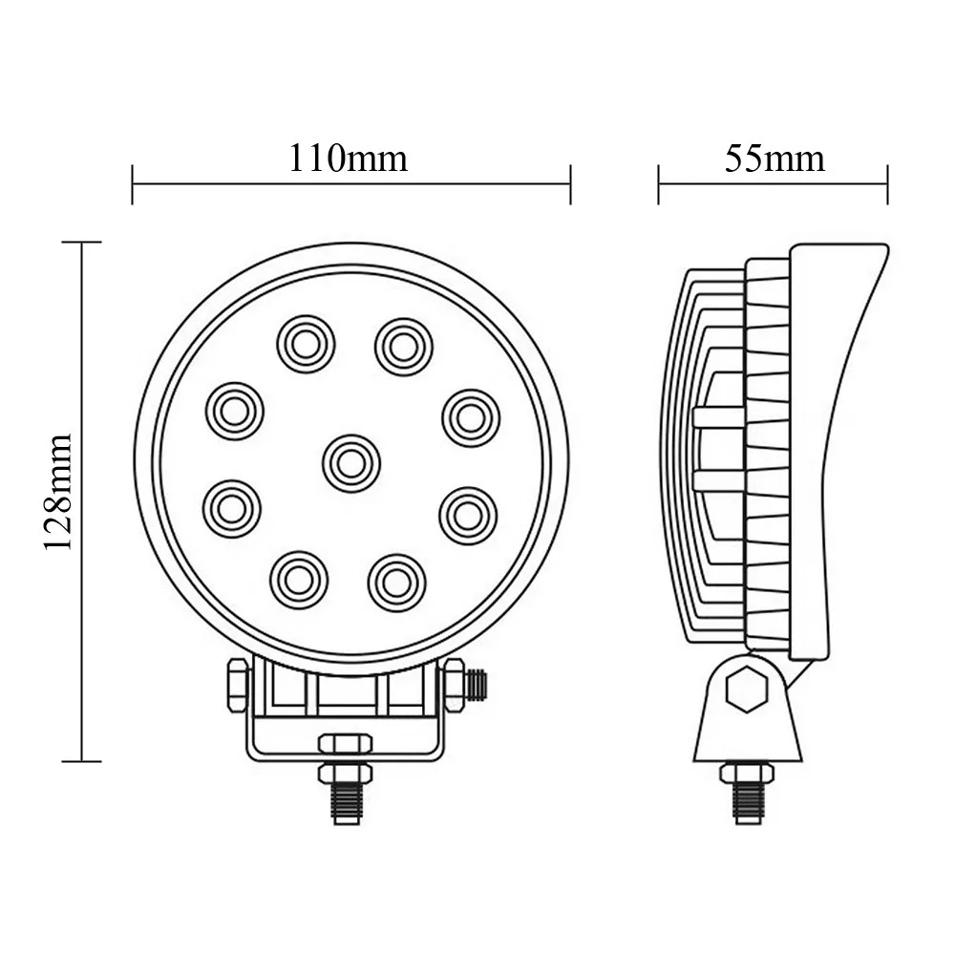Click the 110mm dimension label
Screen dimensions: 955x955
pyautogui.click(x=349, y=158)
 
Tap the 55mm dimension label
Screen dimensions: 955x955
pyautogui.click(x=774, y=158)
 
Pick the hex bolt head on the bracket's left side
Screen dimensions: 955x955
pyautogui.click(x=232, y=684)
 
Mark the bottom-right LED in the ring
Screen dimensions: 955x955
pyautogui.click(x=393, y=577)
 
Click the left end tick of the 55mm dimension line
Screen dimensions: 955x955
pyautogui.click(x=659, y=183)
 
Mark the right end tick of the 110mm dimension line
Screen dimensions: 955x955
pyautogui.click(x=570, y=183)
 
